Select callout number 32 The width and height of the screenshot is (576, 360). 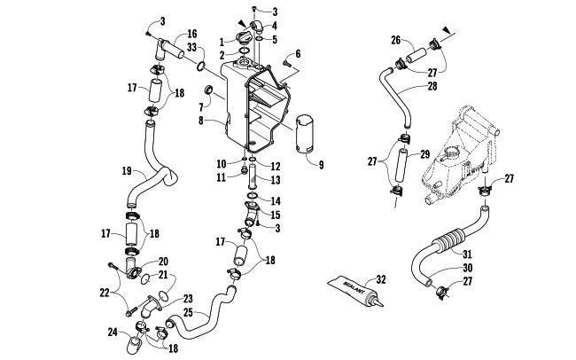pyautogui.click(x=382, y=280)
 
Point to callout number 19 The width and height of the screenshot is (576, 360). pyautogui.click(x=127, y=170)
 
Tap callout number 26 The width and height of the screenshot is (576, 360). pyautogui.click(x=396, y=39)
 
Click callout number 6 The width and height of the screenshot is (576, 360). pyautogui.click(x=298, y=53)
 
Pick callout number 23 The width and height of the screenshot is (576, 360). pyautogui.click(x=188, y=299)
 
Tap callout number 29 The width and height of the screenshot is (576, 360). pyautogui.click(x=425, y=155)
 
